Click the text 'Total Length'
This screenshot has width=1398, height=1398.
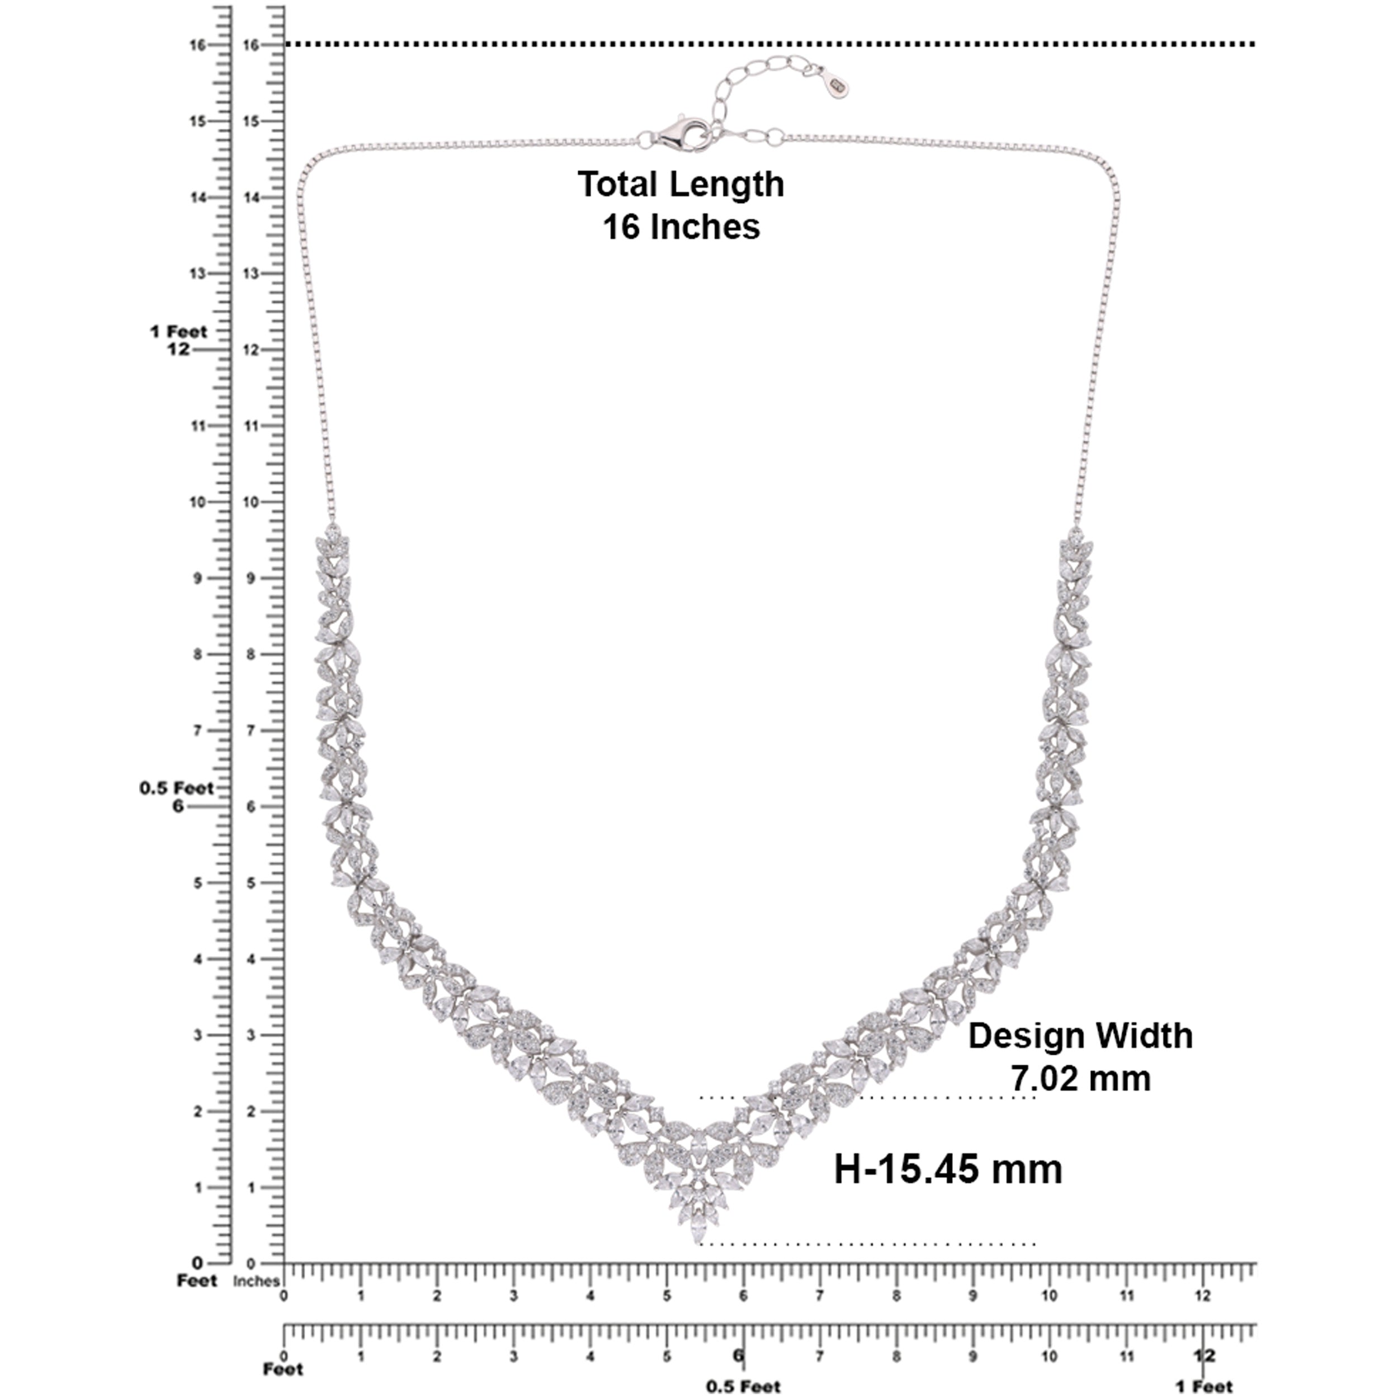[x=681, y=184]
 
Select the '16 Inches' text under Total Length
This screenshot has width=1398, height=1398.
[x=681, y=226]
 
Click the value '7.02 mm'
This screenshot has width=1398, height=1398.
[x=1080, y=1078]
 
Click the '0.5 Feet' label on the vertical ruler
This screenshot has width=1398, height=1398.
[x=177, y=788]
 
